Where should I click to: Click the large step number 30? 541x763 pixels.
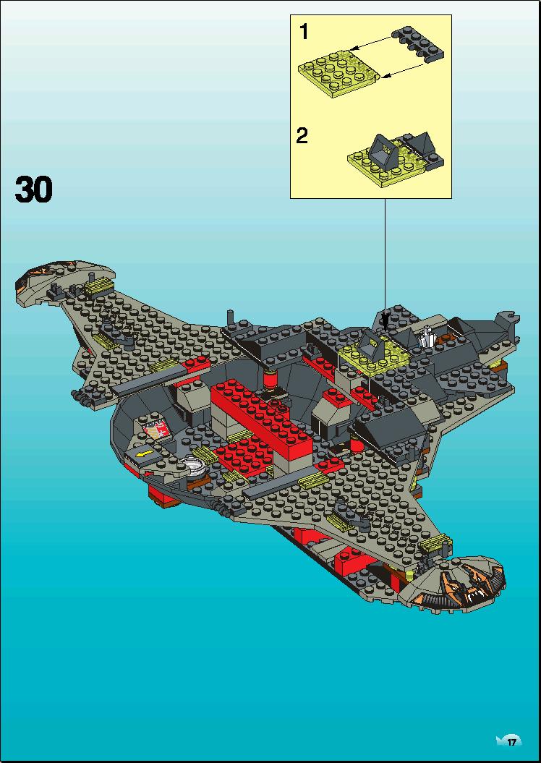coord(33,189)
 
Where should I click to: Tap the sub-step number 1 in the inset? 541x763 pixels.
coord(304,32)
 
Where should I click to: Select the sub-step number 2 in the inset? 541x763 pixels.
coord(302,136)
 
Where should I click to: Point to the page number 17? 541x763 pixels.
coord(511,742)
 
